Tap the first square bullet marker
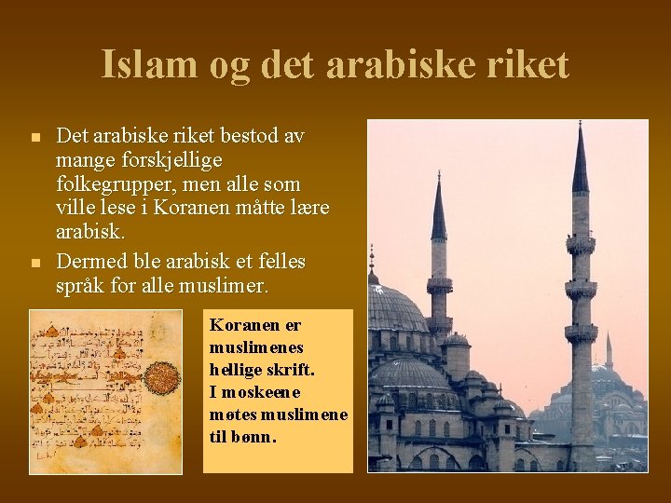coord(34,138)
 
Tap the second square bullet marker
coord(34,264)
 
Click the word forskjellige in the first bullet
coord(171,160)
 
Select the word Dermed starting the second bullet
coord(91,261)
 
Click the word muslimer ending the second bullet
coord(227,286)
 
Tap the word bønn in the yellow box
coord(255,436)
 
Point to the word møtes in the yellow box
coord(233,414)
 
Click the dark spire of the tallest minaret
coord(580,163)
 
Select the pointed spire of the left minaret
coord(438,210)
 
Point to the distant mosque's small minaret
coord(609,352)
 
